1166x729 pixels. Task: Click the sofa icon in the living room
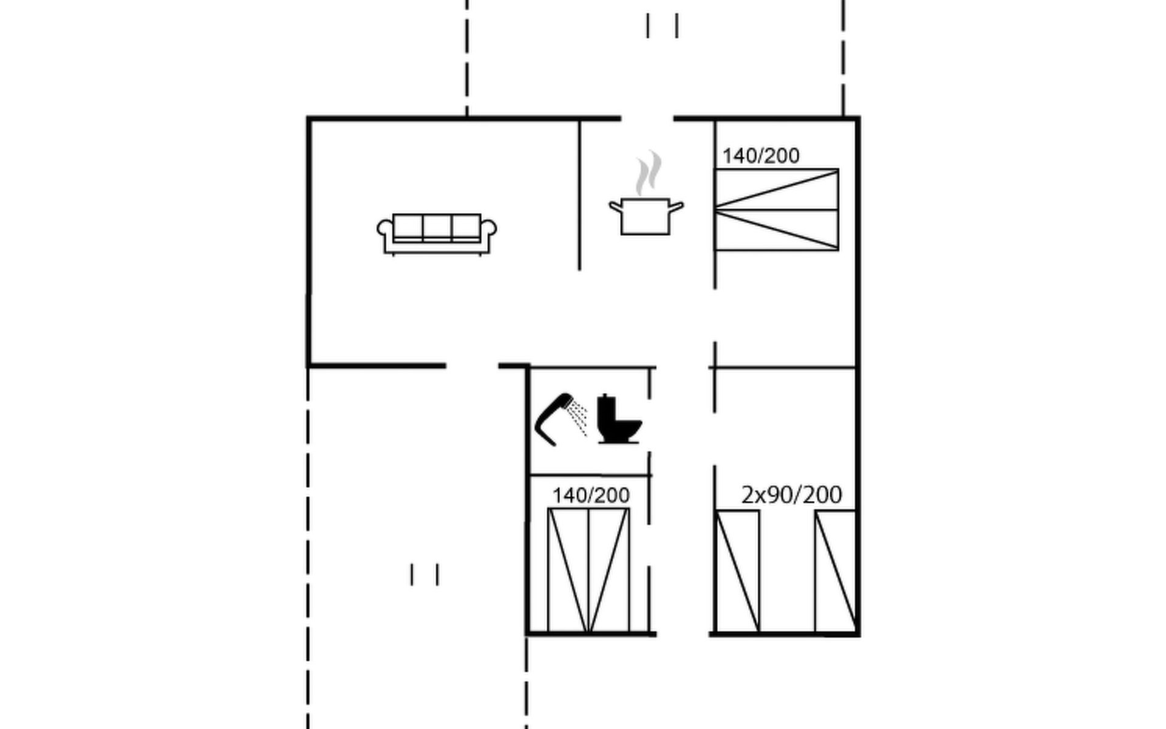click(x=437, y=234)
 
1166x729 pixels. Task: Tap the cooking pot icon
click(x=646, y=216)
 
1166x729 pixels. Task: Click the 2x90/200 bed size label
click(x=791, y=495)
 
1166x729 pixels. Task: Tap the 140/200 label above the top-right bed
click(x=761, y=156)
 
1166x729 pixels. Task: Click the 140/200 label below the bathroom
click(x=591, y=495)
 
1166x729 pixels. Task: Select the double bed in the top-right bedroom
click(x=777, y=210)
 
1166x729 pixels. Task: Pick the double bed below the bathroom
click(x=588, y=570)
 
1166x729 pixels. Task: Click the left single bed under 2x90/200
click(x=738, y=572)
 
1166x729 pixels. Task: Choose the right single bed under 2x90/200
click(x=836, y=572)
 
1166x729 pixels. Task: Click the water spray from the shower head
click(x=579, y=417)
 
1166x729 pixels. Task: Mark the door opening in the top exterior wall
click(x=647, y=118)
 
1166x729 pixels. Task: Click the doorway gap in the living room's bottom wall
click(x=472, y=366)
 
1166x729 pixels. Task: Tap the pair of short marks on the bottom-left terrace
click(x=424, y=575)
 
